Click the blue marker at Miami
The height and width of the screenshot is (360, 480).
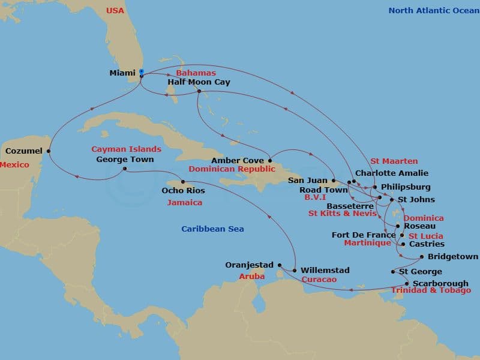(141, 72)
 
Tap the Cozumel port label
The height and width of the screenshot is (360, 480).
(23, 151)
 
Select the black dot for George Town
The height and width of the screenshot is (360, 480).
(124, 169)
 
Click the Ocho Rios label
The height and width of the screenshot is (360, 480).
(183, 191)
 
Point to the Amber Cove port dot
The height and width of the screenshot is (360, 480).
(270, 160)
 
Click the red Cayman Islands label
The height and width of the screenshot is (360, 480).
(126, 149)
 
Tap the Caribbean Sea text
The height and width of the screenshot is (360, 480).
(212, 229)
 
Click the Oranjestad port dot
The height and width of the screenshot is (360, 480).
(280, 265)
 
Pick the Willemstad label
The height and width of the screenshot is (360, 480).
(325, 271)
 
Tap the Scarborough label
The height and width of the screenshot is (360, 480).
(441, 283)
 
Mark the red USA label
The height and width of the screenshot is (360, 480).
(115, 10)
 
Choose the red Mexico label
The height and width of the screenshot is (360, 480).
(14, 164)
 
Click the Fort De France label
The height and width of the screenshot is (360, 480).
(364, 235)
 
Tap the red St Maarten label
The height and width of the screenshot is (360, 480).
(394, 161)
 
